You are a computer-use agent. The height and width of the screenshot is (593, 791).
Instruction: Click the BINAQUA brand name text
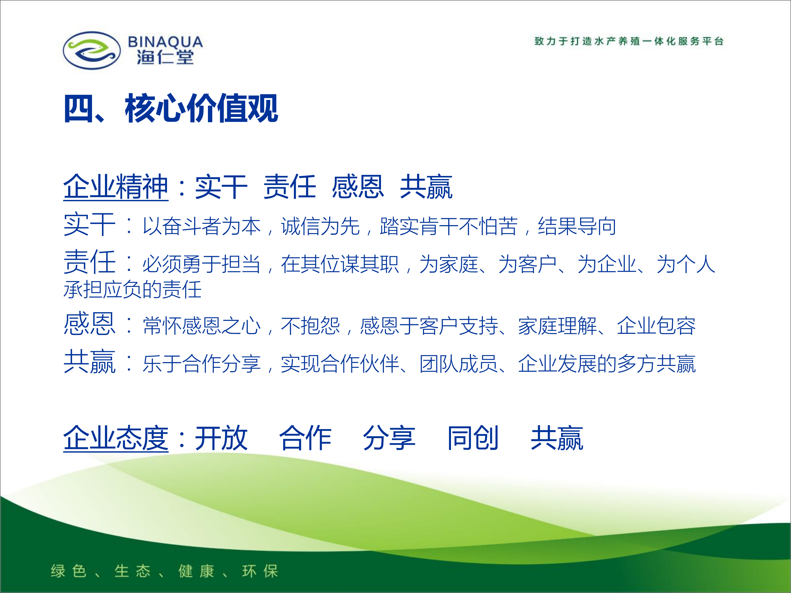click(165, 42)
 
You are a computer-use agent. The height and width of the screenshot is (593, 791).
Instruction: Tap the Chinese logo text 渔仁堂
click(165, 57)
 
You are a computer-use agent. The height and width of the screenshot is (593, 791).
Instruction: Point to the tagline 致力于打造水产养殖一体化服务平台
click(629, 41)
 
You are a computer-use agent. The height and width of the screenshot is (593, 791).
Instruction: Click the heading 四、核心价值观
click(171, 108)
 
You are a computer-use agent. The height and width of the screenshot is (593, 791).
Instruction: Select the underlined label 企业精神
click(116, 187)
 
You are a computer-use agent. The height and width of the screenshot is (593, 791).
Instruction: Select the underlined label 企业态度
click(116, 438)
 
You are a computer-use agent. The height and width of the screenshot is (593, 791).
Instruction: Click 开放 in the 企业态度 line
click(221, 438)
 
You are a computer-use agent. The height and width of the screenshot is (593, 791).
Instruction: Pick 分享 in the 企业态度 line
click(389, 438)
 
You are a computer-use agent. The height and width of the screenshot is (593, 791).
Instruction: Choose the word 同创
click(473, 438)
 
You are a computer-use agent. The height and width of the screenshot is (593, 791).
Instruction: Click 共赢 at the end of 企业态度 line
click(557, 438)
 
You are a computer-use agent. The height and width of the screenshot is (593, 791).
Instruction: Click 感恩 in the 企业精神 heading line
click(358, 187)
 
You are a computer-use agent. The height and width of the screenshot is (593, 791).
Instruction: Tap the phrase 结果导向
click(577, 226)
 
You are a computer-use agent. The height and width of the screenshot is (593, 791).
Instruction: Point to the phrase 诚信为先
click(321, 226)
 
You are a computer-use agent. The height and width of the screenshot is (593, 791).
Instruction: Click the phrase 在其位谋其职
click(340, 264)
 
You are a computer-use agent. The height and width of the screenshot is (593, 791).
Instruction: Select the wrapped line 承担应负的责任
click(132, 290)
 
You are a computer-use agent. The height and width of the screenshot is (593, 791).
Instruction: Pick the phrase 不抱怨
click(310, 326)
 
